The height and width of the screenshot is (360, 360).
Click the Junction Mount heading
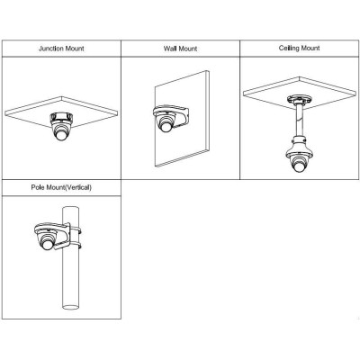[61, 49]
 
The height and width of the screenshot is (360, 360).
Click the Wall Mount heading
[180, 49]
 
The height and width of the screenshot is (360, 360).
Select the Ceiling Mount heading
[299, 48]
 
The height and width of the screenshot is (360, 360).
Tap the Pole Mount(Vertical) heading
[61, 187]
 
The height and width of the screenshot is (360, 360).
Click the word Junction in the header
[51, 49]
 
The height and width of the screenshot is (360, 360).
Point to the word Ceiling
[289, 48]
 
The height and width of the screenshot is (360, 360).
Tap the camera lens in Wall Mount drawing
[166, 126]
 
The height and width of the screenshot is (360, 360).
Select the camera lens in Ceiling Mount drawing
[299, 166]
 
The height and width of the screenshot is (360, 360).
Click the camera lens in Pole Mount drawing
[47, 243]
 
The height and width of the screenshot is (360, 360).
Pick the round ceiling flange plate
[299, 100]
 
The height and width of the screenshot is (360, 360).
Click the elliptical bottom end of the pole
[71, 307]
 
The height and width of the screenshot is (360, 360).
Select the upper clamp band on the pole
[76, 230]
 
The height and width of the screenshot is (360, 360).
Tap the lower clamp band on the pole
[76, 246]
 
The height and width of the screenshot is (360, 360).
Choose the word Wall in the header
[170, 49]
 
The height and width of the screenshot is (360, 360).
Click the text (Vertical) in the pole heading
[78, 187]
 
